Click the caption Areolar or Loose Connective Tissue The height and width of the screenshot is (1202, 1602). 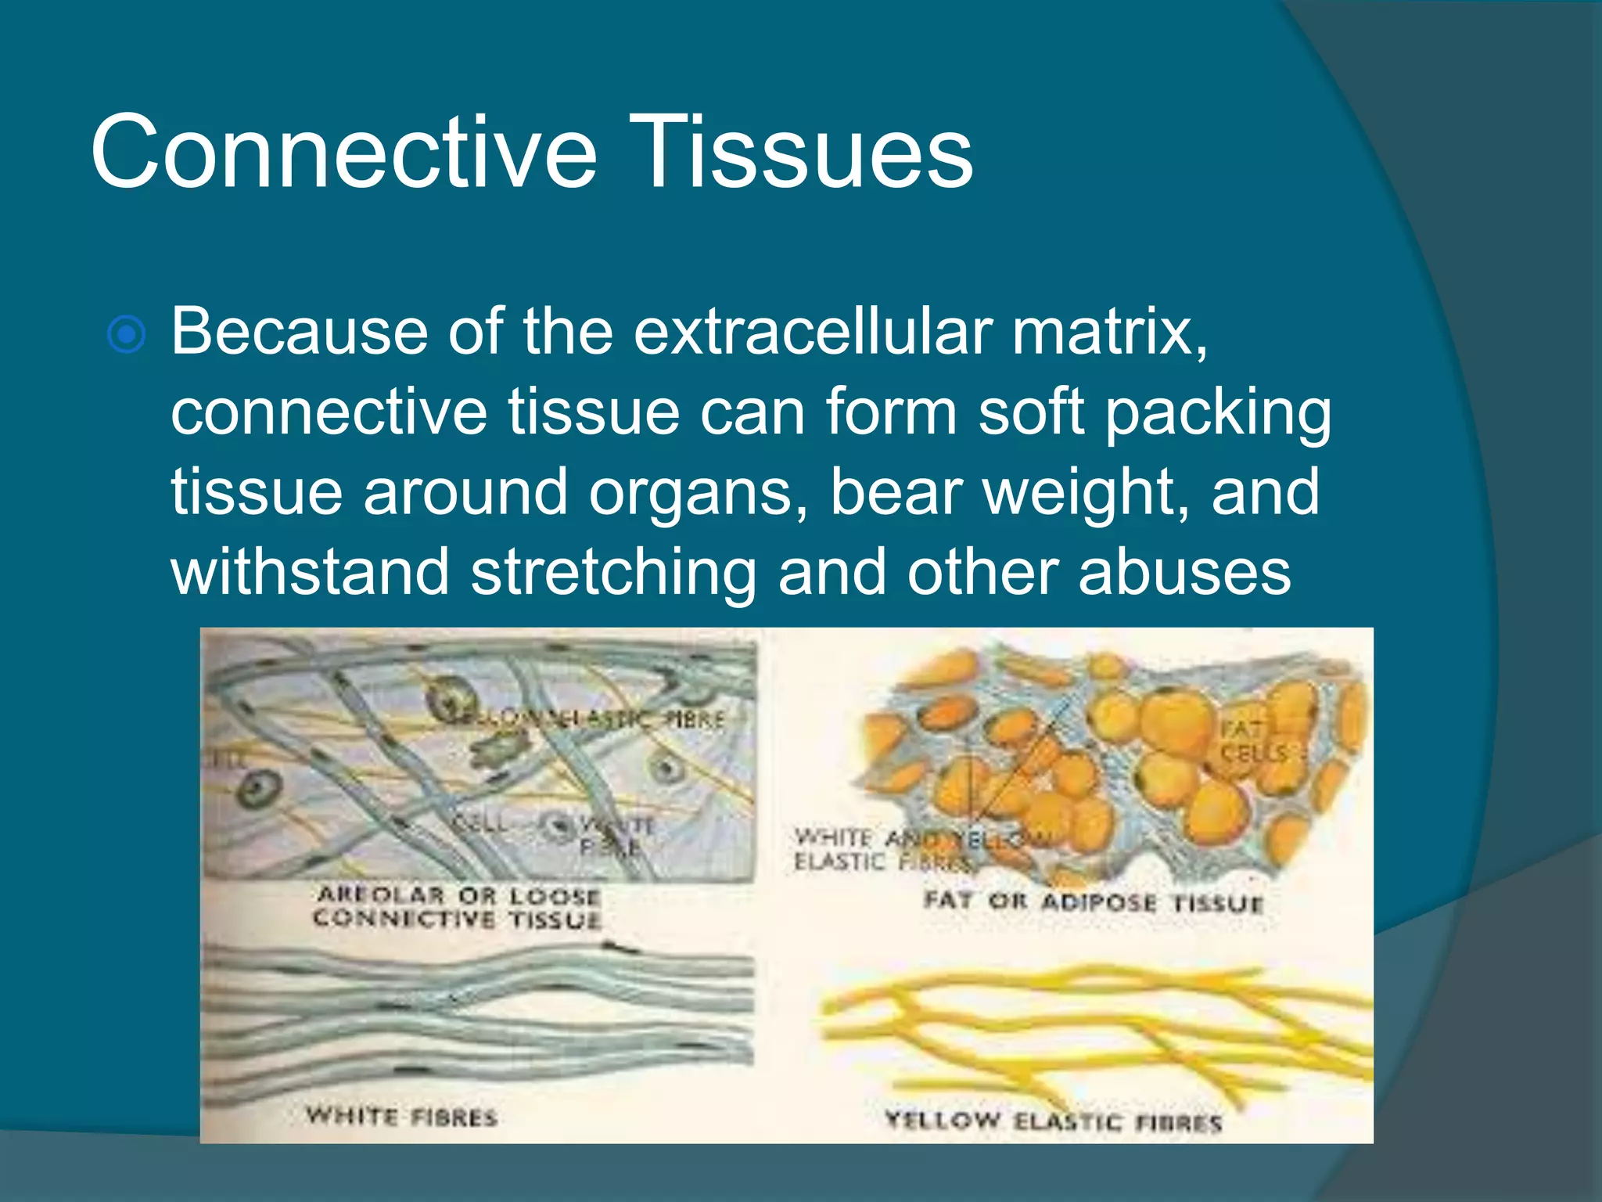[457, 907]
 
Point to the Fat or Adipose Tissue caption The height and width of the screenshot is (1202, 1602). [1093, 901]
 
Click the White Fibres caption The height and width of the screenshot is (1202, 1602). [401, 1116]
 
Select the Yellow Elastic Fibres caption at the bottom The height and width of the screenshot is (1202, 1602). [1053, 1121]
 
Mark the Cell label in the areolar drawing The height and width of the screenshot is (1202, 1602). [480, 823]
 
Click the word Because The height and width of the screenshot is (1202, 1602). [300, 332]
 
